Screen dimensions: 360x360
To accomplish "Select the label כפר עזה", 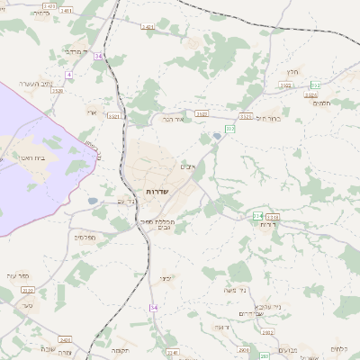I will [18, 274].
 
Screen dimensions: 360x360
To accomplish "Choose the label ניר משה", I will [238, 292].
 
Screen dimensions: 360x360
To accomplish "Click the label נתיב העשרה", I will [39, 84].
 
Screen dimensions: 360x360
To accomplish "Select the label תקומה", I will [121, 349].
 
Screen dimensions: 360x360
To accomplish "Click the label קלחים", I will [339, 349].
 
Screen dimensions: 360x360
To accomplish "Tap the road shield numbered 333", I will [230, 130].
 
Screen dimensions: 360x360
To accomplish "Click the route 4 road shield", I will [68, 74].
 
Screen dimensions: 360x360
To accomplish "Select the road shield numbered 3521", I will [113, 116].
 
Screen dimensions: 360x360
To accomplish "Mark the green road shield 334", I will [258, 216].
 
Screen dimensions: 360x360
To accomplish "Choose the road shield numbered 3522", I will [202, 114].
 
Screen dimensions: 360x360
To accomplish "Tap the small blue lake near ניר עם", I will [93, 202].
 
